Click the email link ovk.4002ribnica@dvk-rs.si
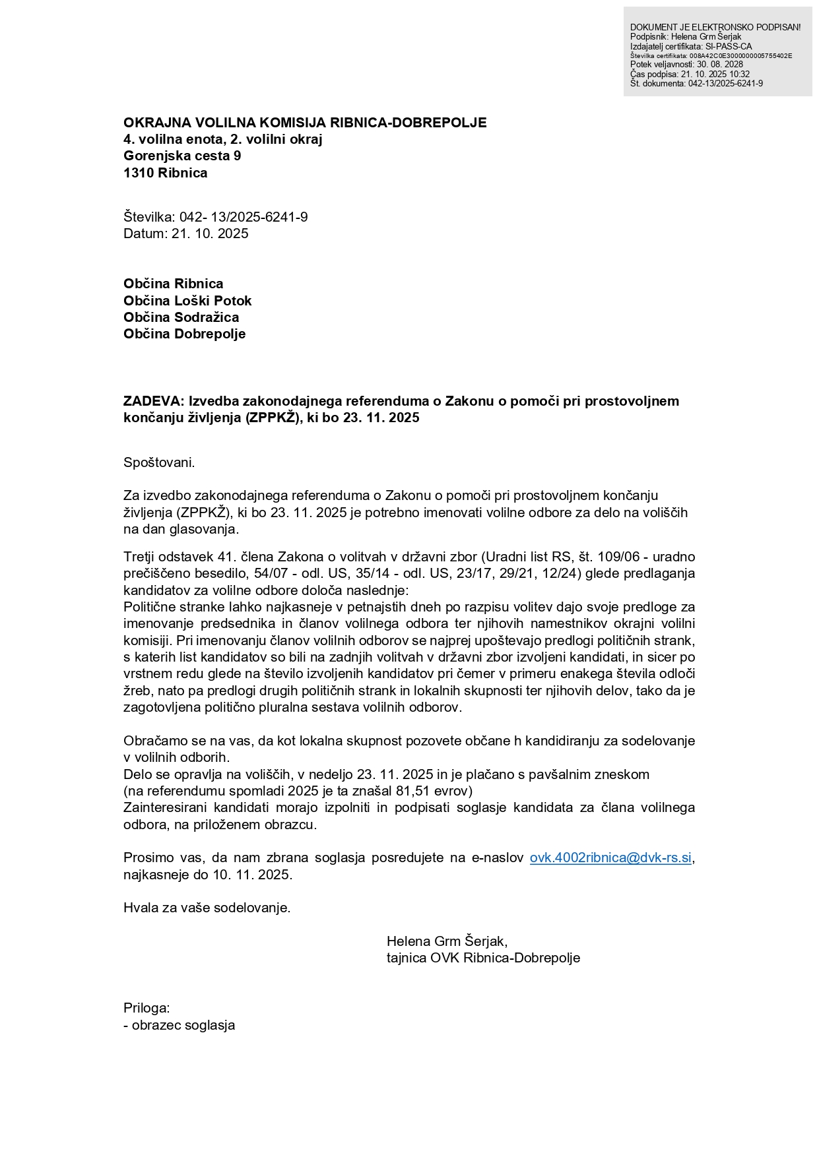[x=610, y=858]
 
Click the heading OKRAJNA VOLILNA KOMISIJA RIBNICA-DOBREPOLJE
[x=305, y=123]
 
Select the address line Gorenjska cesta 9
[x=182, y=156]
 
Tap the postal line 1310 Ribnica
[x=165, y=173]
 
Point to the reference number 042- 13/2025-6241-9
[x=243, y=217]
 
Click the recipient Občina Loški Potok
[x=187, y=301]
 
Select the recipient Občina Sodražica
[x=181, y=317]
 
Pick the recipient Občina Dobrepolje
[x=184, y=334]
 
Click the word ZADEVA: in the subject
[x=154, y=401]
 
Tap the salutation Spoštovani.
[x=159, y=462]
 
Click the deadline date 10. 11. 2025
[x=251, y=875]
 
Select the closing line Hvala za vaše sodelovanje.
[x=207, y=908]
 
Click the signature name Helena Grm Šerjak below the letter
[x=446, y=941]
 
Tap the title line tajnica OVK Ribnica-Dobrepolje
[x=483, y=958]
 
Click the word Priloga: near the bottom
[x=147, y=1008]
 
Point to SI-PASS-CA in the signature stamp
[x=728, y=47]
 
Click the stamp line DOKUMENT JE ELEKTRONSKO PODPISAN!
[x=715, y=27]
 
